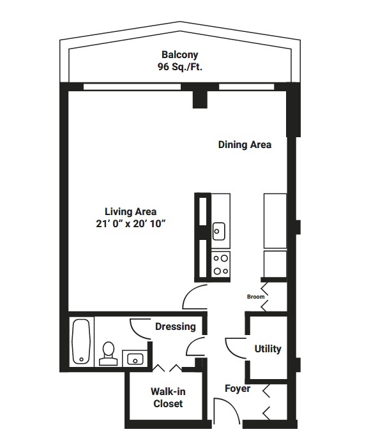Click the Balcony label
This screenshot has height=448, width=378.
point(179,54)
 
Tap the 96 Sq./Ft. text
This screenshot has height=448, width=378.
point(180,66)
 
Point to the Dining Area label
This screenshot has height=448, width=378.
point(245,145)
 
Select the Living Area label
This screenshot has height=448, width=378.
point(131,211)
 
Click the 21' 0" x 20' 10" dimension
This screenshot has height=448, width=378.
point(131,223)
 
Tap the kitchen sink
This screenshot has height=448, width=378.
point(219,231)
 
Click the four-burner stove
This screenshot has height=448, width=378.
point(221,265)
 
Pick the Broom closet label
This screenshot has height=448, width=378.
point(255,297)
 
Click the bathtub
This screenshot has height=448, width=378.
point(82,341)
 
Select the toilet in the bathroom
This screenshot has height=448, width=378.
point(109,354)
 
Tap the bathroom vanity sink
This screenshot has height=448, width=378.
point(135,359)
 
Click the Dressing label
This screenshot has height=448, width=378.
point(176,326)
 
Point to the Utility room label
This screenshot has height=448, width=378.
point(268,348)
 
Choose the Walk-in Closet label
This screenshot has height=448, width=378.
point(168,398)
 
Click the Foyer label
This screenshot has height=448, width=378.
point(238,389)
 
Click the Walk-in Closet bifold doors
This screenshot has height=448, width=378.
point(167,368)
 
